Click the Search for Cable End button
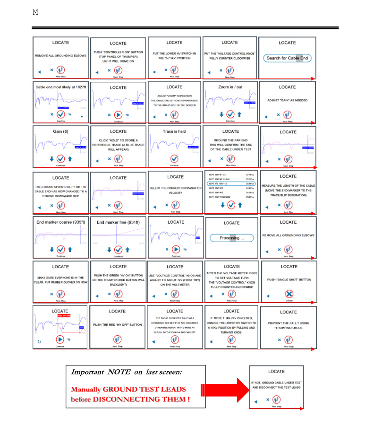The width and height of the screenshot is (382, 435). pos(287,58)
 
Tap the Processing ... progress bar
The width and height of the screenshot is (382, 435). pos(231,238)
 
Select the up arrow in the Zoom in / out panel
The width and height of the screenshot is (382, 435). pos(239,114)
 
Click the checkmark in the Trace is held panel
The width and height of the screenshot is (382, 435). pos(174,158)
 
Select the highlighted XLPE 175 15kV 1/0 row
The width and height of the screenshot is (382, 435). pos(230,183)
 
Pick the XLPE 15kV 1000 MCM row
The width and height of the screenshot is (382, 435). pos(230,197)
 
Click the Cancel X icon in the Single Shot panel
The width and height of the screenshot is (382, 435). pos(289,294)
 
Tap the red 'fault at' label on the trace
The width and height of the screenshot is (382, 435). pos(63,315)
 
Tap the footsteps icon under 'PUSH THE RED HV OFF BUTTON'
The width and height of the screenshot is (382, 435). pos(118,339)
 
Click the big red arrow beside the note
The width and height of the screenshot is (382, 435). pos(224,390)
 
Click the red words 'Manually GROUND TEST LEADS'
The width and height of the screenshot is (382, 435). pos(128,390)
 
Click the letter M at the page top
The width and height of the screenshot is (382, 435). pos(35,12)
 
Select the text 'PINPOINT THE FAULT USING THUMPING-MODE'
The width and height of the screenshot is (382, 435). pos(288,326)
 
